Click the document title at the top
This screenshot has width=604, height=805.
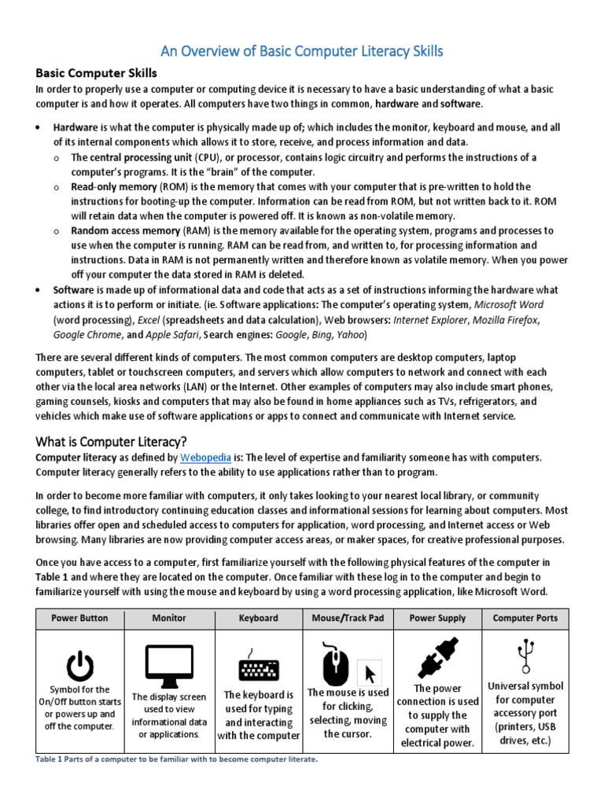click(302, 52)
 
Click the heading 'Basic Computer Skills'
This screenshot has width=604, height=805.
click(97, 73)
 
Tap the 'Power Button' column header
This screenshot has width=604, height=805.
click(79, 618)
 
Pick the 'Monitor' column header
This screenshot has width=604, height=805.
click(169, 618)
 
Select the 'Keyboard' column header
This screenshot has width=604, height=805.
click(259, 618)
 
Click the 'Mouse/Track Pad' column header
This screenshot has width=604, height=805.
click(348, 618)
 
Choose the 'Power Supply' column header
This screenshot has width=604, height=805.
click(437, 618)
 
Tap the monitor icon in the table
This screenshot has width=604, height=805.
click(169, 667)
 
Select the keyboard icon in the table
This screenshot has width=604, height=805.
click(259, 667)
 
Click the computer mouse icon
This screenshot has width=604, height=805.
click(336, 663)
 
